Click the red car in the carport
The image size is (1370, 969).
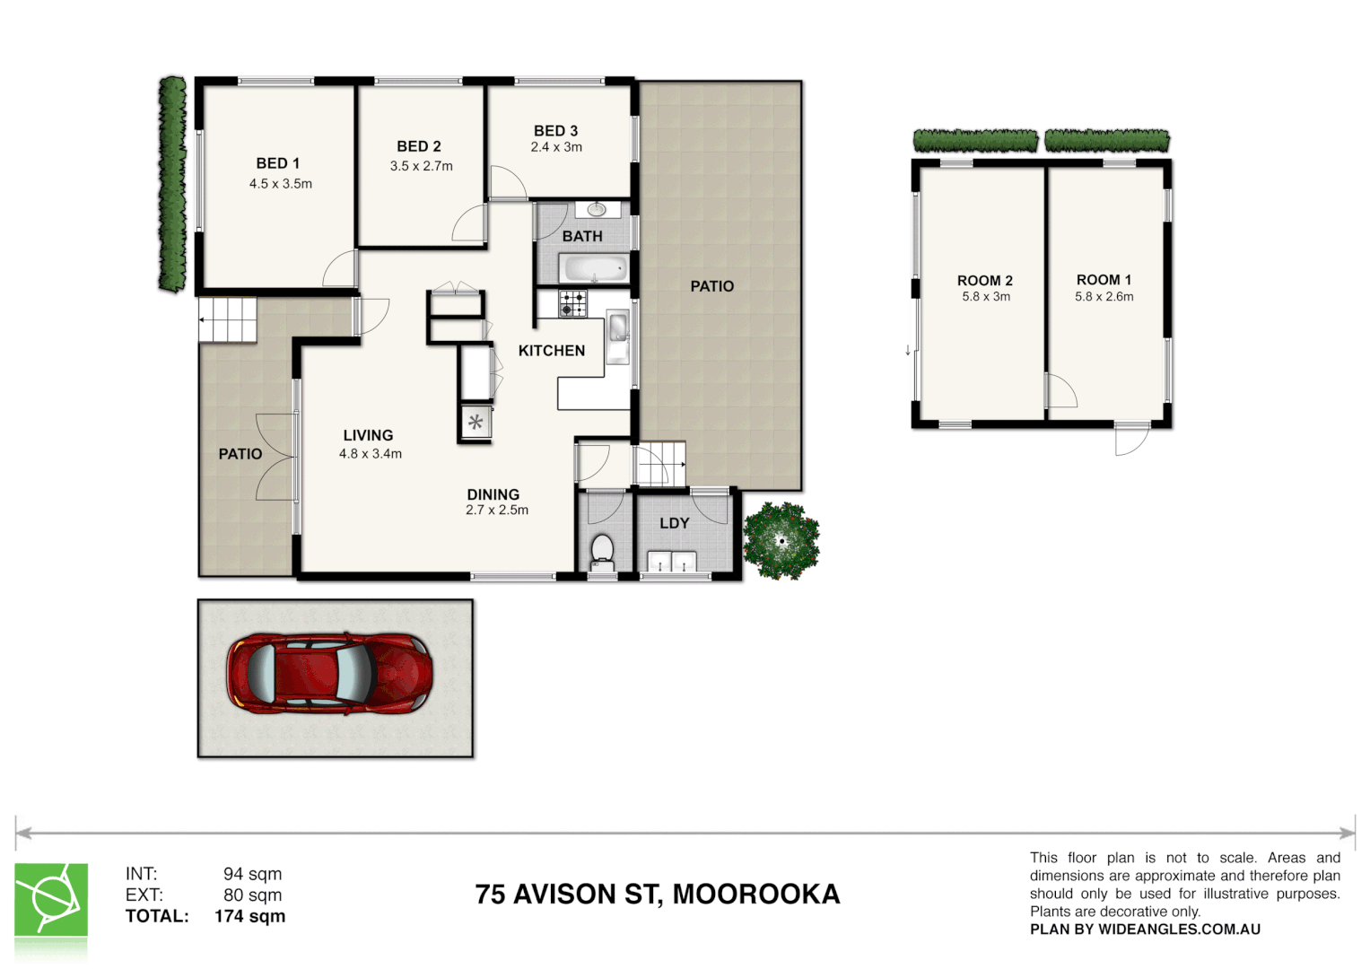[329, 673]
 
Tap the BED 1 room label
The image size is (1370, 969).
[278, 163]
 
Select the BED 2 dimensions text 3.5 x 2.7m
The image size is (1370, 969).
[421, 166]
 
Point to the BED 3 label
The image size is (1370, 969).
[555, 131]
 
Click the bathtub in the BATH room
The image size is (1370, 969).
[593, 267]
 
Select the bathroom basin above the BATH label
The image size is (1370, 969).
[597, 210]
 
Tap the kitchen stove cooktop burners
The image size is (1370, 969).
[572, 304]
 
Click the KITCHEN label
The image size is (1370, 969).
[551, 351]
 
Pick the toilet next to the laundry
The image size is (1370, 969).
[602, 550]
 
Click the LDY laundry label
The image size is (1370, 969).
[674, 523]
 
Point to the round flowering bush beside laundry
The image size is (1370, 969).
[781, 540]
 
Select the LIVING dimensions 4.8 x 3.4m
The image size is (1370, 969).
[370, 454]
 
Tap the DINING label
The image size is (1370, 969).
[493, 494]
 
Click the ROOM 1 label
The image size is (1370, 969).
[1104, 280]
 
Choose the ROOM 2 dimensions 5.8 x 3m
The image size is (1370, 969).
[986, 297]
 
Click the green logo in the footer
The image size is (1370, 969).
[51, 900]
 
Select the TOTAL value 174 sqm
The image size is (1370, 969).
[249, 916]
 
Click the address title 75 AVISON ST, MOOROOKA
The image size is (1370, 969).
[657, 895]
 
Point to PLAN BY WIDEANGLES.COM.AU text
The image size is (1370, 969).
[1145, 930]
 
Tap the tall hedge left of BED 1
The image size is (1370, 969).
[172, 184]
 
